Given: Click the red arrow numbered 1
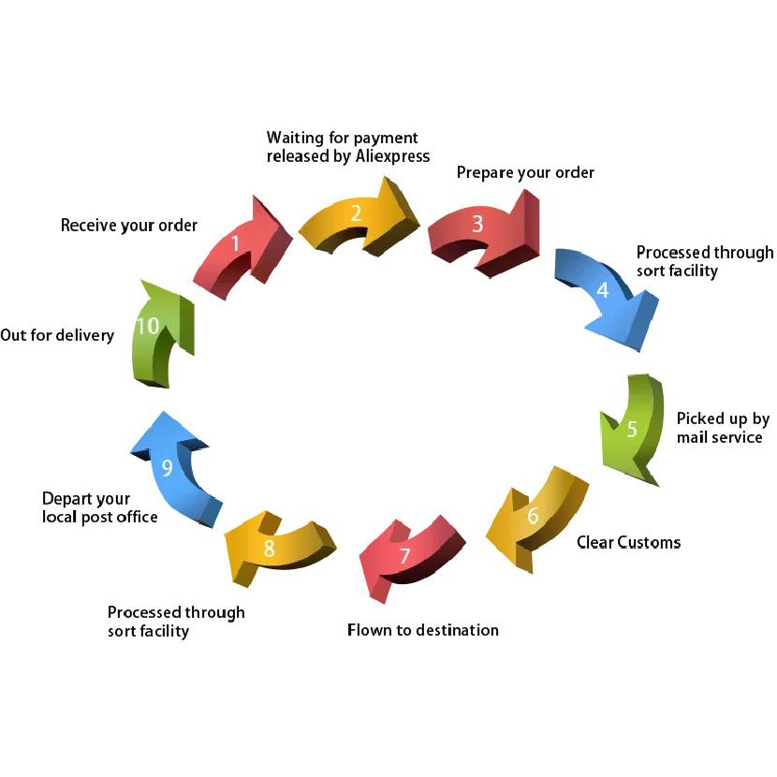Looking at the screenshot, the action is tap(238, 248).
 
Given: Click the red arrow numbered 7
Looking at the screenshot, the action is tap(406, 555).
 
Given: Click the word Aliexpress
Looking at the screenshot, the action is tap(393, 156).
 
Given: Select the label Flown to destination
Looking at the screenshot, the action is tap(423, 630).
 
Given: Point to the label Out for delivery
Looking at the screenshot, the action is tap(57, 335).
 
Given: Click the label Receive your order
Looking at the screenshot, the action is tap(129, 226).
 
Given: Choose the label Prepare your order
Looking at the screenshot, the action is tap(525, 173).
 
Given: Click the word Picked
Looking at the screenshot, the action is tap(699, 418).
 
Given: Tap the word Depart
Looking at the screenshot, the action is tap(64, 499).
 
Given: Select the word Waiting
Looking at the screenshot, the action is tap(295, 138).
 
